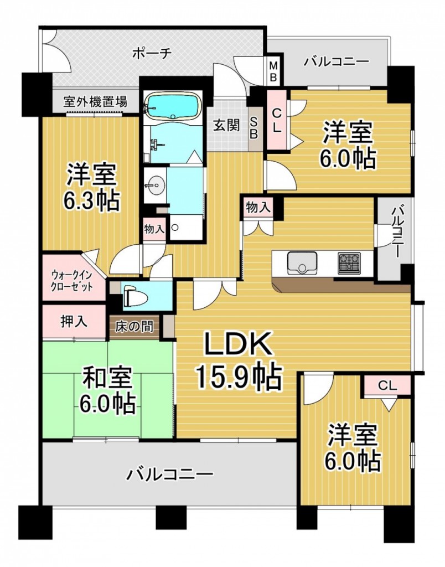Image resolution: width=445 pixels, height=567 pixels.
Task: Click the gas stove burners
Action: click(x=349, y=261)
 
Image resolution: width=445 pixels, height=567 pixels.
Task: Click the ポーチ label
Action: click(x=153, y=53)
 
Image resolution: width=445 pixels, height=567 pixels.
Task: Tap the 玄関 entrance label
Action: click(x=226, y=125)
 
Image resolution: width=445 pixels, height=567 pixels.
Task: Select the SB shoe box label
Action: click(x=255, y=128)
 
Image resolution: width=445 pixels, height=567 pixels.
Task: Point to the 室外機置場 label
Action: click(x=95, y=102)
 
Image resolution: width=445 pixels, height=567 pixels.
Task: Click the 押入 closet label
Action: click(x=74, y=322)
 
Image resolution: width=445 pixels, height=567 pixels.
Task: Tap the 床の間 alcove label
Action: click(x=134, y=327)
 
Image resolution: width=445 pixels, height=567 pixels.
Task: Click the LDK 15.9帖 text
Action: click(x=238, y=362)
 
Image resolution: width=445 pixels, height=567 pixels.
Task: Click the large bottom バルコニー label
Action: click(x=169, y=475)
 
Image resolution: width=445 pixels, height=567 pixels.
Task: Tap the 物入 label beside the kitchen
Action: click(x=258, y=208)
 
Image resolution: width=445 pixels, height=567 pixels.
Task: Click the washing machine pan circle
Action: click(x=175, y=227)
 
